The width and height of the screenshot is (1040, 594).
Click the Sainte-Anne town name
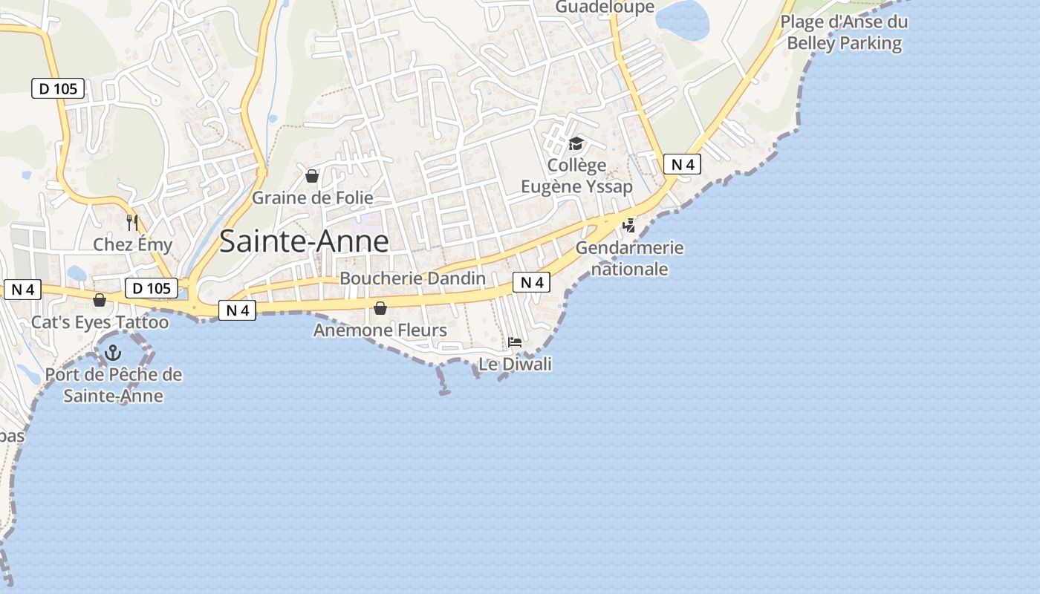point(304,242)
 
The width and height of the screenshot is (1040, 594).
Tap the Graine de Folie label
point(312,198)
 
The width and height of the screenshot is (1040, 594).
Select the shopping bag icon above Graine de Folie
point(312,176)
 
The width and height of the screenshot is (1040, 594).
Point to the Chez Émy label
point(132,244)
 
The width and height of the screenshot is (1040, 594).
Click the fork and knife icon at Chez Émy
point(132,222)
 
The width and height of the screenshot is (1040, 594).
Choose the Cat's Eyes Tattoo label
point(100,322)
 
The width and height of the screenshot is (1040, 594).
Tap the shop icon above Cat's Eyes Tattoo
point(99,300)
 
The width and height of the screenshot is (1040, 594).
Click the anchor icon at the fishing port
point(113,353)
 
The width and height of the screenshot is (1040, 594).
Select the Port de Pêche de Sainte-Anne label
point(113,385)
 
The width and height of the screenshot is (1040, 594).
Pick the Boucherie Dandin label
point(412,278)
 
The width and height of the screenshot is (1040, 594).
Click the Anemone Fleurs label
point(380,330)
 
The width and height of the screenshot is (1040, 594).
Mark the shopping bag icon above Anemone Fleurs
point(380,308)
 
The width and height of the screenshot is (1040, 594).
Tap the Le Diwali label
point(515,364)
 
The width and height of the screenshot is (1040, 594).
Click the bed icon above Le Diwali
point(514,342)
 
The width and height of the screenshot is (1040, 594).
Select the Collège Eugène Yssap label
point(576,175)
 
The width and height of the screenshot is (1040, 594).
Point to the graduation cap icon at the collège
point(576,143)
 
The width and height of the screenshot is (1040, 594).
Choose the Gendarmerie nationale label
point(629,258)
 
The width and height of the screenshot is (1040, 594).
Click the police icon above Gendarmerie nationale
point(629,225)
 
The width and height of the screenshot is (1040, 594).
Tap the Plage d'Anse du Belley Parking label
point(844,32)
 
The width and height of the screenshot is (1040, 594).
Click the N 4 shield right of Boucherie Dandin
point(531,282)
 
